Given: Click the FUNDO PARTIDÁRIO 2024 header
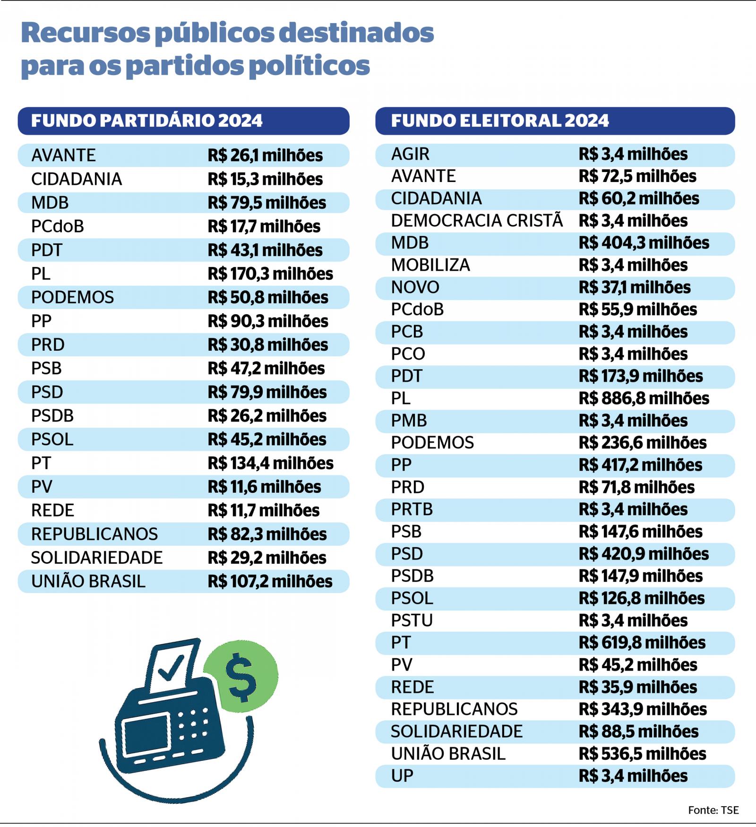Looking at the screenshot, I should click(x=146, y=121).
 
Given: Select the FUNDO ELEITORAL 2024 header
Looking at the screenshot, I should click(x=500, y=121).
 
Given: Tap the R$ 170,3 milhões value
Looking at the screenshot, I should click(x=270, y=274).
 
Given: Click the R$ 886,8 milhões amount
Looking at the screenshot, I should click(x=644, y=398).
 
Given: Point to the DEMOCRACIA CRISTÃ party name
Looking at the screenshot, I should click(x=477, y=221).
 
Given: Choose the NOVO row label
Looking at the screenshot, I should click(x=415, y=287).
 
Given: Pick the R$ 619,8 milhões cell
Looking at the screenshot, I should click(x=642, y=643).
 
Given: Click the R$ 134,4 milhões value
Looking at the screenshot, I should click(x=270, y=463).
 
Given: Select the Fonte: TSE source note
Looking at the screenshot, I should click(x=713, y=810).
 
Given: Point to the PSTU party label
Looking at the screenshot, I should click(x=412, y=620).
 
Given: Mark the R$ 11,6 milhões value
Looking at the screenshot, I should click(x=264, y=487).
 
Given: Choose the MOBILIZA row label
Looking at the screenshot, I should click(x=430, y=265).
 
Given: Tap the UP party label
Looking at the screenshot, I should click(x=402, y=776).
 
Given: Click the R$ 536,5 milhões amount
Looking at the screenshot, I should click(x=642, y=754).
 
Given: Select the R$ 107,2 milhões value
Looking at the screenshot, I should click(x=270, y=581).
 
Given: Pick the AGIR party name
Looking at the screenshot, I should click(x=410, y=154).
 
